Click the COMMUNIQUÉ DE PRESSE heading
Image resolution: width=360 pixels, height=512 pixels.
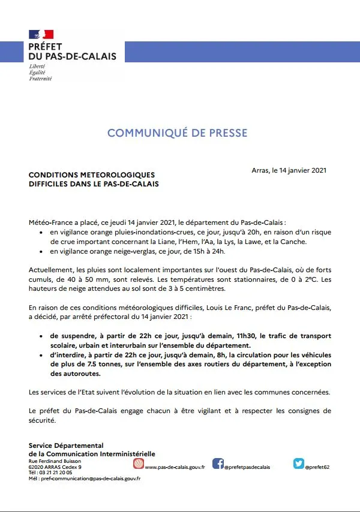177,132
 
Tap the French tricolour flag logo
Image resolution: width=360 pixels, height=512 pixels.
41,34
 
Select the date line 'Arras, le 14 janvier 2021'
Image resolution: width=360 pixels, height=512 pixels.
289,171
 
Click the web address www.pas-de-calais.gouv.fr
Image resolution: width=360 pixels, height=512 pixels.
175,467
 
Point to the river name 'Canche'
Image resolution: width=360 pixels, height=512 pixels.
293,242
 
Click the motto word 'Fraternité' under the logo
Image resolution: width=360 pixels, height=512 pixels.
40,79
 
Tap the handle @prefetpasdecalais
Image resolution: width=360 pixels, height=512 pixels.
247,467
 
